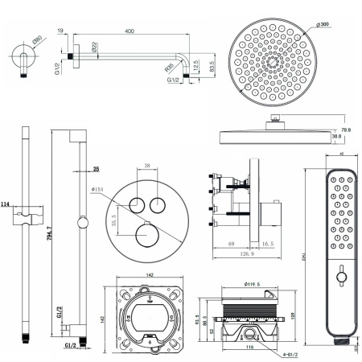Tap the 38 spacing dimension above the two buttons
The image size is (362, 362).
pyautogui.click(x=146, y=165)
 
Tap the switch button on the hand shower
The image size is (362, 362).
pyautogui.click(x=340, y=278)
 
